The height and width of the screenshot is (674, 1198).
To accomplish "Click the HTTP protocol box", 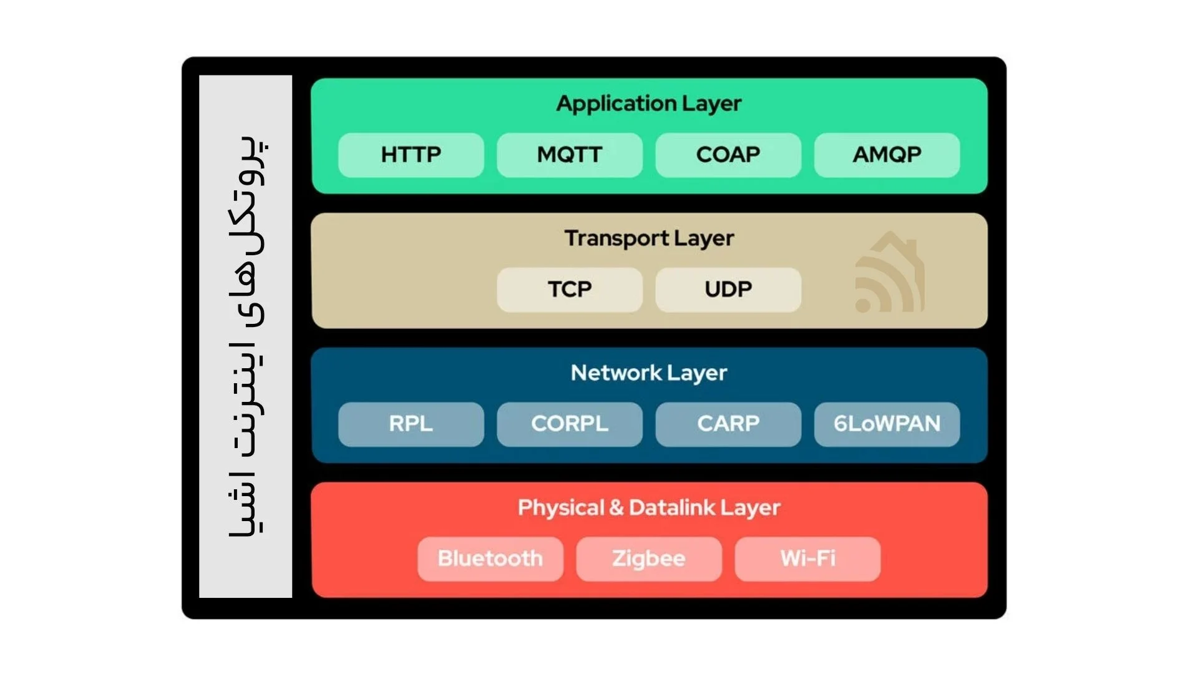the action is (x=411, y=155).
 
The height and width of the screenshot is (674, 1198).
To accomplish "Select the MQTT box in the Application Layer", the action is (x=570, y=155).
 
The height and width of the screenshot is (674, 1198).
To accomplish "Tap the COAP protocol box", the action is (x=728, y=155).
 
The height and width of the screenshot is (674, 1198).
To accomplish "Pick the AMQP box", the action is (x=887, y=155).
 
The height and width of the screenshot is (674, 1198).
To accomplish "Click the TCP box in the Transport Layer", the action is (x=570, y=290).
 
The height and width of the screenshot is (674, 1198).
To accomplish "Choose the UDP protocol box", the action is (x=728, y=290).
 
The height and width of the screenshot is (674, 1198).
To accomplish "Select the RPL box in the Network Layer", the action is (x=411, y=424).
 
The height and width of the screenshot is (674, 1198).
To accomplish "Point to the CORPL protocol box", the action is (x=570, y=424).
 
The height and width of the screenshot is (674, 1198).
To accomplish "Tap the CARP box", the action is (x=728, y=424).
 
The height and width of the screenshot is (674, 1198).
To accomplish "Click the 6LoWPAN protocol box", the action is (x=887, y=424).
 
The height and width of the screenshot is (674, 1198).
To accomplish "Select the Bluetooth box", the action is (x=490, y=559).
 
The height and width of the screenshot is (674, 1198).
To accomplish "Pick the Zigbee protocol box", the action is (x=649, y=559).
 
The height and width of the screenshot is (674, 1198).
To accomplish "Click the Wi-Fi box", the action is (x=807, y=559).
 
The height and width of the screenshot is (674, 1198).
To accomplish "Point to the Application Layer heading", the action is (x=649, y=104).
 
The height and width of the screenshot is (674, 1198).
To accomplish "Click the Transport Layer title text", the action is (x=649, y=238).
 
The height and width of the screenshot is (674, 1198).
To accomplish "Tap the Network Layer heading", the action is (x=649, y=373).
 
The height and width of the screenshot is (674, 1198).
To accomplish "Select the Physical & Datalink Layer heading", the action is (x=649, y=508).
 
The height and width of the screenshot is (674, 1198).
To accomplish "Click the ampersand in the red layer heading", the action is (x=616, y=507).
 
